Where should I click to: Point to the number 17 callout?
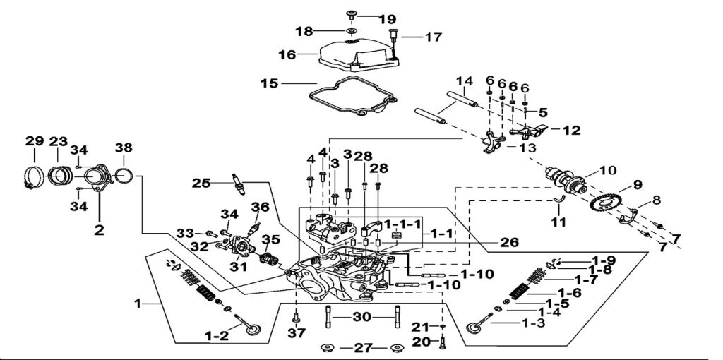coord(433,36)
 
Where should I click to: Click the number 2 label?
coord(100,229)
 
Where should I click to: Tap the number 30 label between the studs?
coord(361,318)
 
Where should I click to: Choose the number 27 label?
coord(361,348)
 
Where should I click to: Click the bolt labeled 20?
coord(443,343)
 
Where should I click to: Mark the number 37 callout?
coord(297,332)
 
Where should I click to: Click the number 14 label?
coord(463,81)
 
